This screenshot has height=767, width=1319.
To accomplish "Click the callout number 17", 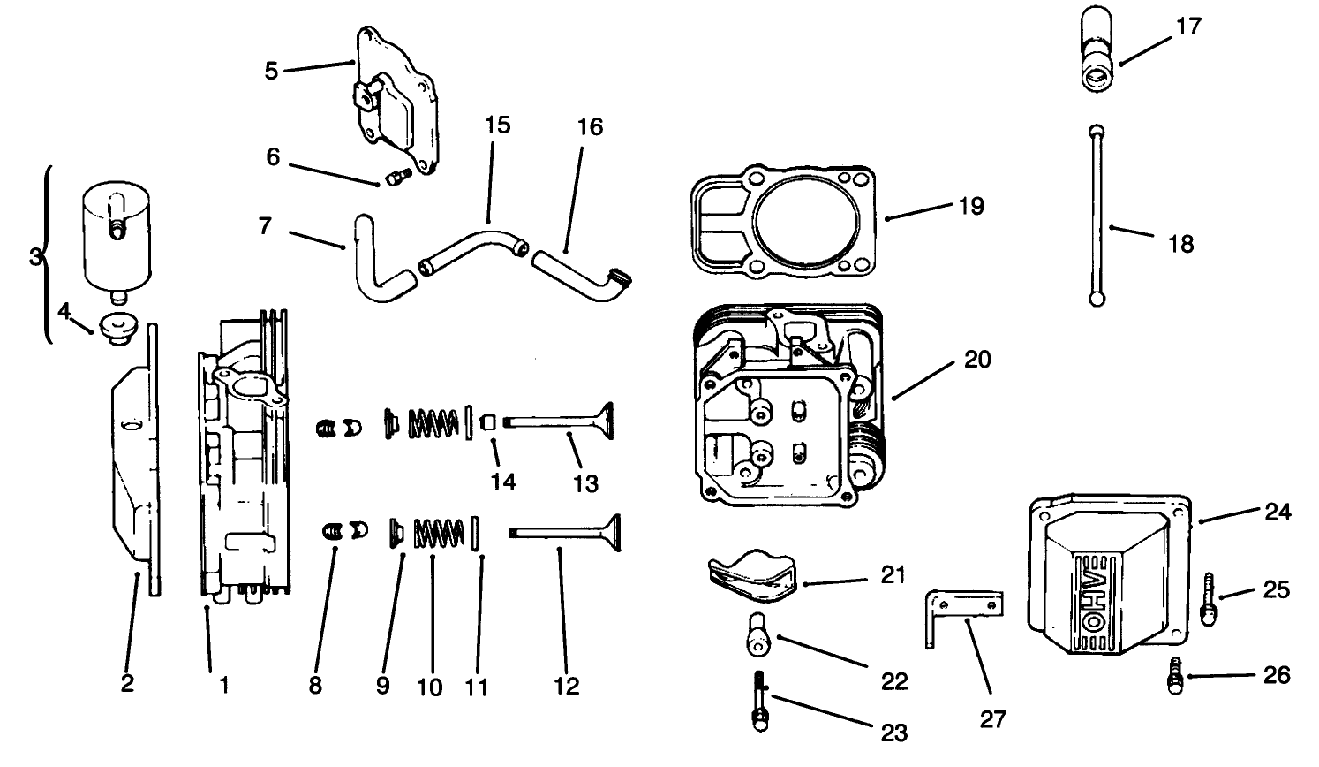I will (1189, 27).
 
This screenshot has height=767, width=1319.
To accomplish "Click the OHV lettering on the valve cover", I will (1092, 593).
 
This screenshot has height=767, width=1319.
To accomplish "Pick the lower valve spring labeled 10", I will (439, 533).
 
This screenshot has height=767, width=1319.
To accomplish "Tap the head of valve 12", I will (608, 533).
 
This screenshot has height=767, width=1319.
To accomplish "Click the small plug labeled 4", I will (117, 328).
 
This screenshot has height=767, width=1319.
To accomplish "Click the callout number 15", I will (497, 125).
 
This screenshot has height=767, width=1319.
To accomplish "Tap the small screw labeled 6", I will (393, 178).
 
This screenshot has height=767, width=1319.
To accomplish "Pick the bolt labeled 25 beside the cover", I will (1210, 596).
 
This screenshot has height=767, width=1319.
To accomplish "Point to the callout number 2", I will (127, 683).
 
